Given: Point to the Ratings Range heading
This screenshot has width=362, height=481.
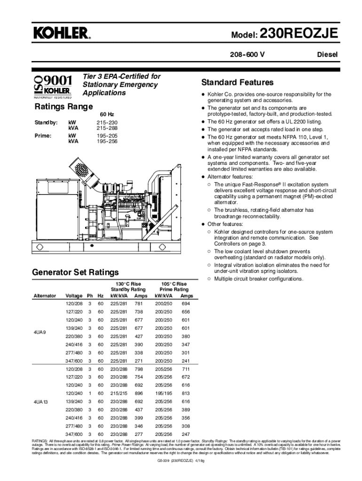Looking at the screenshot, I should click(64, 107).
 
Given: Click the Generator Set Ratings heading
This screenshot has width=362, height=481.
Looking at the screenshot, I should click(75, 272).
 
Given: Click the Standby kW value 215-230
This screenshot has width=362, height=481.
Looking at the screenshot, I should click(107, 122).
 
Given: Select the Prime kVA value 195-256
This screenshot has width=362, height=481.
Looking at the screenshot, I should click(107, 141).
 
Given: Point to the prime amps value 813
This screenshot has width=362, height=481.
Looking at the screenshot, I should click(186, 393).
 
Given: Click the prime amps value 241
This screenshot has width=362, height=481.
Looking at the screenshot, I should click(186, 361).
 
